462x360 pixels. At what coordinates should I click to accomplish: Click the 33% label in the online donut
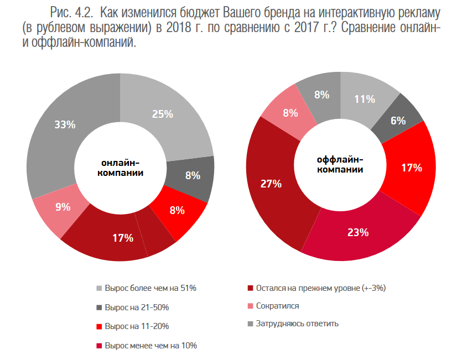point(65,125)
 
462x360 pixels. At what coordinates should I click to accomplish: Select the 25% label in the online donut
point(163,114)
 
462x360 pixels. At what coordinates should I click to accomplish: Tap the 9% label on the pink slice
point(63,207)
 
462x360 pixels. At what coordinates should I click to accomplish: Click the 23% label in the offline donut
point(358,232)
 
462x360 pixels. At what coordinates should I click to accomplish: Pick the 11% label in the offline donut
point(365,100)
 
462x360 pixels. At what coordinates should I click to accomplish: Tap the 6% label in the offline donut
point(398,121)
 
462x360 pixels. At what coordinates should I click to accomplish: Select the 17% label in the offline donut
point(412,167)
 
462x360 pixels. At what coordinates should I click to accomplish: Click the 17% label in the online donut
point(123,238)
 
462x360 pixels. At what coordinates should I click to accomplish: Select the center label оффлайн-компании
point(340,164)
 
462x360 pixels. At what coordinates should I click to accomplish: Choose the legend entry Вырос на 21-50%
point(136,307)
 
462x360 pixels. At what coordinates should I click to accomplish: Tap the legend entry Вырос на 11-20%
point(136,326)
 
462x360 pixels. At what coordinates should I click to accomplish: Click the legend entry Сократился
point(277,306)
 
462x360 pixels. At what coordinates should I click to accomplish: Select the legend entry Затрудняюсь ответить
point(297,324)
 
